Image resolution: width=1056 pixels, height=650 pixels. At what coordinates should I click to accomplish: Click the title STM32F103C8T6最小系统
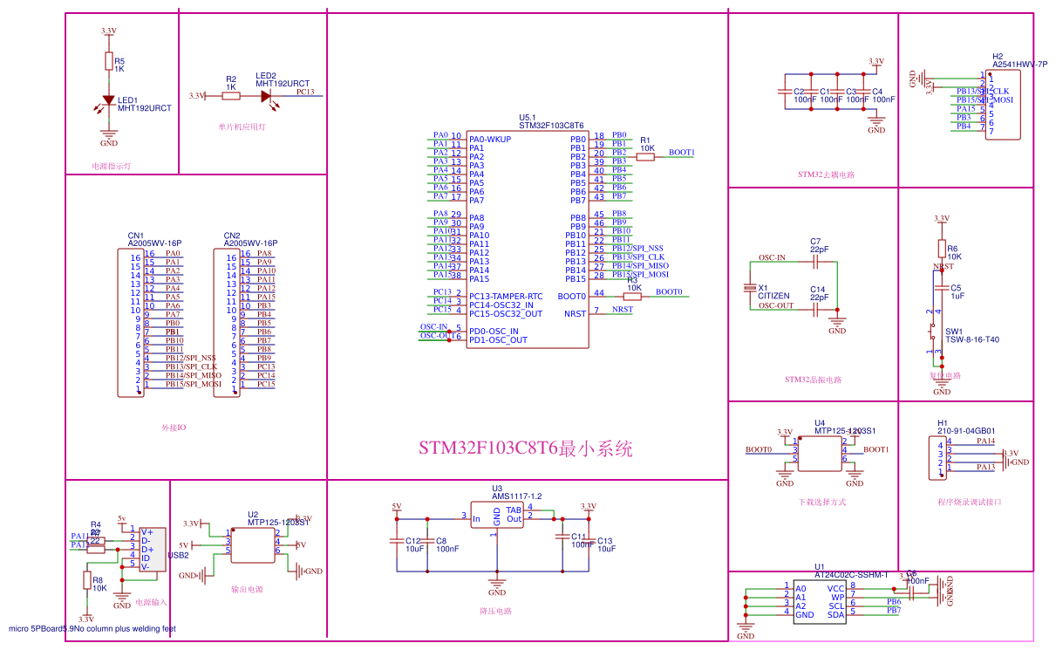click(525, 449)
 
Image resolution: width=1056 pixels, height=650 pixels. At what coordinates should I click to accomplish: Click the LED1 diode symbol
click(109, 101)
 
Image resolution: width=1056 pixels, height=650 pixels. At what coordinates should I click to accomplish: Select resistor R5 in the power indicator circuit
click(109, 60)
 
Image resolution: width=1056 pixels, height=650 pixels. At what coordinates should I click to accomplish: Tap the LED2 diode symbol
click(266, 95)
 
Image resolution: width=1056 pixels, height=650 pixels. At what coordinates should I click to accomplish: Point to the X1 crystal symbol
click(749, 287)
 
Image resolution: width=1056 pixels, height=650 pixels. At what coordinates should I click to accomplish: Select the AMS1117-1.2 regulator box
click(496, 515)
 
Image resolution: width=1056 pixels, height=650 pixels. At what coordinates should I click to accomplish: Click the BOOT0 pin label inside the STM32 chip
click(572, 297)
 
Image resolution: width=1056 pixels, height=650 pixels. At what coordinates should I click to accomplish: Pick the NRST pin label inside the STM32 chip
click(576, 313)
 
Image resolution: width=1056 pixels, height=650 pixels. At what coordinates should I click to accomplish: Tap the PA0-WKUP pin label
click(490, 139)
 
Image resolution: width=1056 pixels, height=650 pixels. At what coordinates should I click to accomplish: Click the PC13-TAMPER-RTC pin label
click(506, 296)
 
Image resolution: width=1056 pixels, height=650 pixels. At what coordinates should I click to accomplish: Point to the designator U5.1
click(528, 117)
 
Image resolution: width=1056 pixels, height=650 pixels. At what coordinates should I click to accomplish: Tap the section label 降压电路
click(496, 612)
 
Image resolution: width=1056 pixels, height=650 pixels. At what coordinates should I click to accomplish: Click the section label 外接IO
click(174, 428)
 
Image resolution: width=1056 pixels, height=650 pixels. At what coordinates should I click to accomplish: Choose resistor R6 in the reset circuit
click(941, 249)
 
